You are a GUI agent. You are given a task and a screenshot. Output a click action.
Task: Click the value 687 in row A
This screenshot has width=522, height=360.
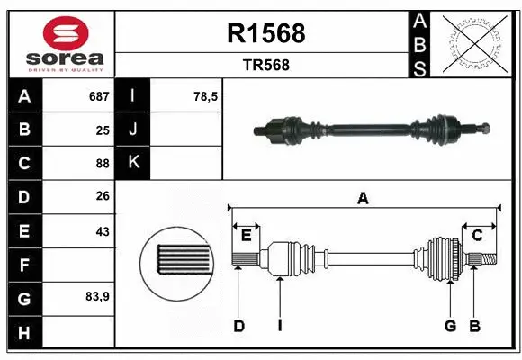click(98, 96)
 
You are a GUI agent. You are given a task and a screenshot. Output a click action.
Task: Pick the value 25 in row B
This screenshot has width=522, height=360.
click(102, 130)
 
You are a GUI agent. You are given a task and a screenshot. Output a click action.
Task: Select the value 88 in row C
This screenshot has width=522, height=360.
click(102, 164)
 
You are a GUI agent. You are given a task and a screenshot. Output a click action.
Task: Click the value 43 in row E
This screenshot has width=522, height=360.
click(102, 231)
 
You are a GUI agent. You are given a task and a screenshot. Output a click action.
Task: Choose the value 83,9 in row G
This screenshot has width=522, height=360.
click(98, 296)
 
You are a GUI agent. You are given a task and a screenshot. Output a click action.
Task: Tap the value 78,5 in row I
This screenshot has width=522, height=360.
click(206, 96)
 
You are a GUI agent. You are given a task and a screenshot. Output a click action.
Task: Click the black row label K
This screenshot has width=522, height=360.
click(134, 164)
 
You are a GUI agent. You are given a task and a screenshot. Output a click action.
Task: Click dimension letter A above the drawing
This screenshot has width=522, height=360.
click(364, 199)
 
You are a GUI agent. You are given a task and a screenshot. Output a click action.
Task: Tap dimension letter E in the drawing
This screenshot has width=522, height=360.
click(246, 236)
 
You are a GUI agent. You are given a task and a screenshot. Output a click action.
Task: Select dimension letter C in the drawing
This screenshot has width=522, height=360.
click(478, 236)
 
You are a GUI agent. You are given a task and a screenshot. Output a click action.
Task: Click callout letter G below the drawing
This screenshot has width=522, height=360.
click(450, 326)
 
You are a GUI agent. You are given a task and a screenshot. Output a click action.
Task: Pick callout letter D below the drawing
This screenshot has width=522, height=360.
click(239, 326)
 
